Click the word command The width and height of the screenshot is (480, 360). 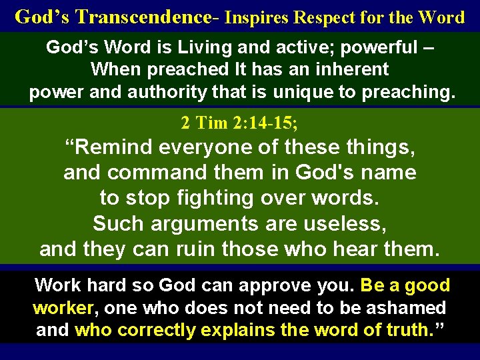click(155, 173)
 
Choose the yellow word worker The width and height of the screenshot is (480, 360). click(63, 308)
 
